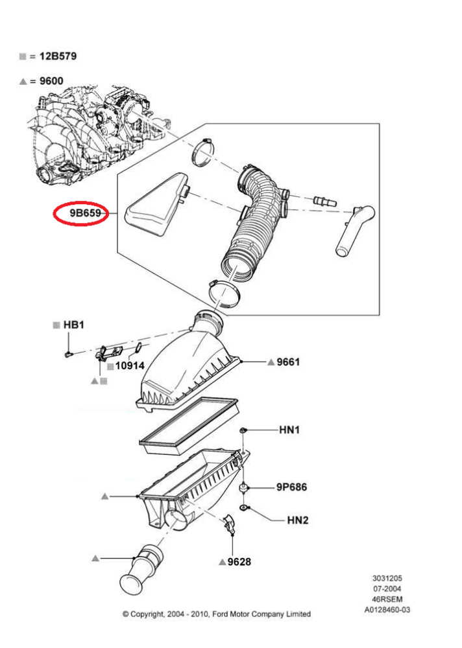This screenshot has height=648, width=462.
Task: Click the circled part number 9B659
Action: (x=80, y=213)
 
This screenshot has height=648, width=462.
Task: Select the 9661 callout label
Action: (x=288, y=362)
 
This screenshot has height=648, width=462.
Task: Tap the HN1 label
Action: (x=289, y=429)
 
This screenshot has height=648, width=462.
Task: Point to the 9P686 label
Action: (x=291, y=487)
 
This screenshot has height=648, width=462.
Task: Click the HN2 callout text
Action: (x=298, y=520)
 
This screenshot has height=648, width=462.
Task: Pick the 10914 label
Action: (x=130, y=365)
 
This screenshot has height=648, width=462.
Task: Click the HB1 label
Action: (x=73, y=324)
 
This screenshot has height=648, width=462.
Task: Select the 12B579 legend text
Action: (x=58, y=56)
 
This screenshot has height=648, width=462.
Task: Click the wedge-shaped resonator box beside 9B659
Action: (x=156, y=207)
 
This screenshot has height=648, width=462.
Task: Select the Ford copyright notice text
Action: (x=217, y=614)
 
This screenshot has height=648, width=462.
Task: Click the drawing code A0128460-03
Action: (x=387, y=609)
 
